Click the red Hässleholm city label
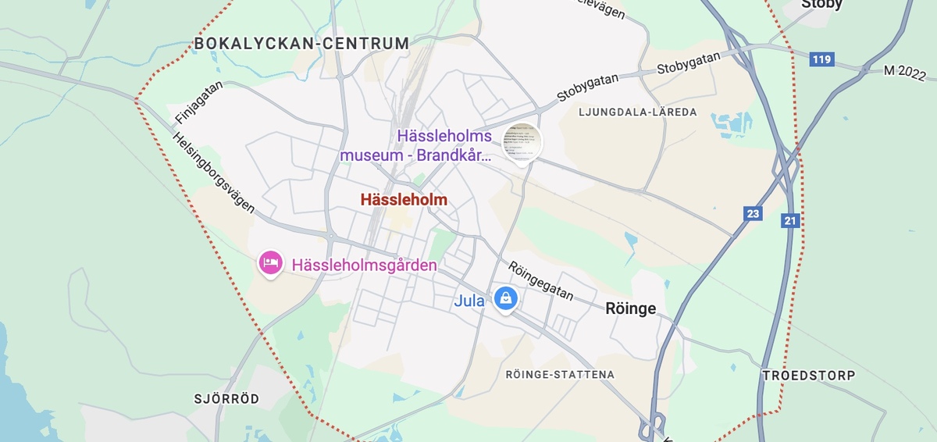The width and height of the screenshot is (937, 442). (404, 200)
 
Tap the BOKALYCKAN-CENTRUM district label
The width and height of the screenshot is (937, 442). (301, 44)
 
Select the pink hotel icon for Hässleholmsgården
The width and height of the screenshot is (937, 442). (270, 263)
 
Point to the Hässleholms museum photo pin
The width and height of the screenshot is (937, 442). (522, 141)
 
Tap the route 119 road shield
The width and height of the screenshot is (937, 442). (821, 59)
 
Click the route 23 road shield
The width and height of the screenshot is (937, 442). (753, 213)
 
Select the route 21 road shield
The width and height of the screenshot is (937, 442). (790, 221)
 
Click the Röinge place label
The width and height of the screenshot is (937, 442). (630, 308)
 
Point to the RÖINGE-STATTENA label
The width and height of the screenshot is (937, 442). (560, 375)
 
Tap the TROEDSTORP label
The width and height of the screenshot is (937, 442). (808, 376)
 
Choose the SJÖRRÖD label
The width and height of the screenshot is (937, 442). (226, 399)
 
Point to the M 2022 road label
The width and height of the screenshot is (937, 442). (904, 73)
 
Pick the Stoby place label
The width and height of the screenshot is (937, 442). (822, 5)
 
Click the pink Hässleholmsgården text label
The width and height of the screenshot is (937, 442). (364, 266)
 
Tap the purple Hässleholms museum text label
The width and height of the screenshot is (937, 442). (416, 145)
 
